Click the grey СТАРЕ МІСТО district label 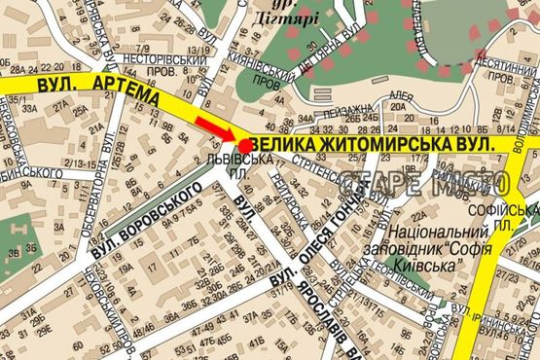[x=424, y=183]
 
